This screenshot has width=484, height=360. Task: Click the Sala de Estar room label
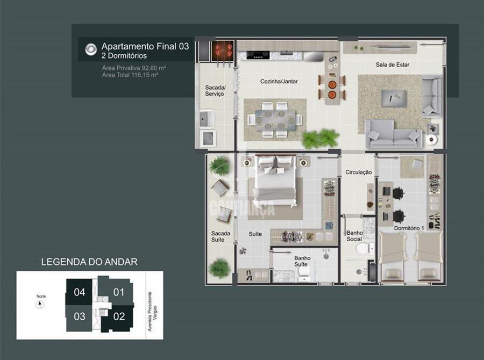tap(393, 65)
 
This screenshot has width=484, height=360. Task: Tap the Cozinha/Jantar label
tap(279, 82)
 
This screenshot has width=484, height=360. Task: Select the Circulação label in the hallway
tap(358, 172)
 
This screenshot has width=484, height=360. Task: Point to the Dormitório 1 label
tap(409, 228)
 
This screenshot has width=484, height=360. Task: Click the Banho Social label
tap(354, 236)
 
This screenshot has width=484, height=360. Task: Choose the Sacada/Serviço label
tap(215, 91)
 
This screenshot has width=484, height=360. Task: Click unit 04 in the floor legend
tap(80, 292)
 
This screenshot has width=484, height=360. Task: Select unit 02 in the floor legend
tap(119, 316)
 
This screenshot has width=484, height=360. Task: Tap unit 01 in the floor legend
tap(118, 292)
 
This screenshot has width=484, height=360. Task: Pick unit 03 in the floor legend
tap(80, 316)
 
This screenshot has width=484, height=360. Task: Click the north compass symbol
tap(40, 305)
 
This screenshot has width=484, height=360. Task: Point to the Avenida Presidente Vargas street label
tap(152, 312)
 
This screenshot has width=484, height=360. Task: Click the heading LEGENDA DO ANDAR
tap(89, 262)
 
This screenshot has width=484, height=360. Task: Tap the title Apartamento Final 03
tap(145, 46)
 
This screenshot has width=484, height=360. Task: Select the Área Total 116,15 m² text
tap(130, 75)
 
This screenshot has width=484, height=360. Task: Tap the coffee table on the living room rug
tap(394, 98)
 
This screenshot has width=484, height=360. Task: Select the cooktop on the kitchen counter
tap(258, 55)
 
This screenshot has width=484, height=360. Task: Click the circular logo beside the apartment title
tap(91, 49)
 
